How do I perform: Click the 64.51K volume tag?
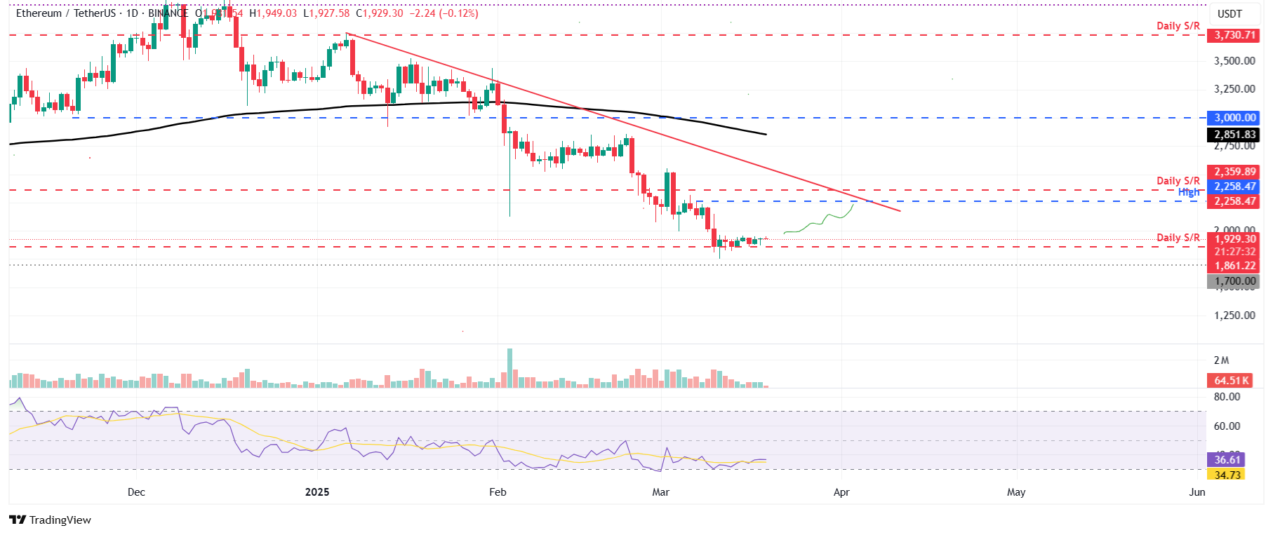(1232, 381)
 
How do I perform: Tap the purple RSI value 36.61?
(1227, 460)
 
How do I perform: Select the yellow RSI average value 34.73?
(1227, 475)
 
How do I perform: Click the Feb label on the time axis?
(498, 492)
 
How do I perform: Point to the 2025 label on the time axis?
(317, 492)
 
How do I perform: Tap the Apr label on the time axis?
(841, 492)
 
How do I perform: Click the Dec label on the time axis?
(136, 492)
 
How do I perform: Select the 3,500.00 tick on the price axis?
(1234, 61)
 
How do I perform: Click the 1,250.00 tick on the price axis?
(1234, 316)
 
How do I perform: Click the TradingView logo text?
(60, 520)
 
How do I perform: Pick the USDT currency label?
(1229, 14)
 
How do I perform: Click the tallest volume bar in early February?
(509, 368)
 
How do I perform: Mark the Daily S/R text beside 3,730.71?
(1178, 26)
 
